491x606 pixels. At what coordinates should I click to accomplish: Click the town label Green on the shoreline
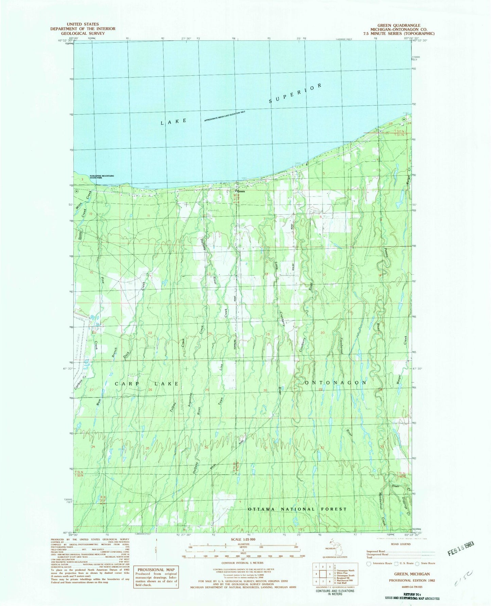(241, 191)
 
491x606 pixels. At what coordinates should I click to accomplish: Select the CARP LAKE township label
(146, 384)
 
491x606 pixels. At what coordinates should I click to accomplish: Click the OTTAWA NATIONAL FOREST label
(297, 509)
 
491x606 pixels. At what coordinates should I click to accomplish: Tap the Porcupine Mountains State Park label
(102, 177)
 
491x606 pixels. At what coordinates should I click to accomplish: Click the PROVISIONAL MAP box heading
(156, 569)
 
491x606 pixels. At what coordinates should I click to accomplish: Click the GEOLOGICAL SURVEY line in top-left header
(83, 33)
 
